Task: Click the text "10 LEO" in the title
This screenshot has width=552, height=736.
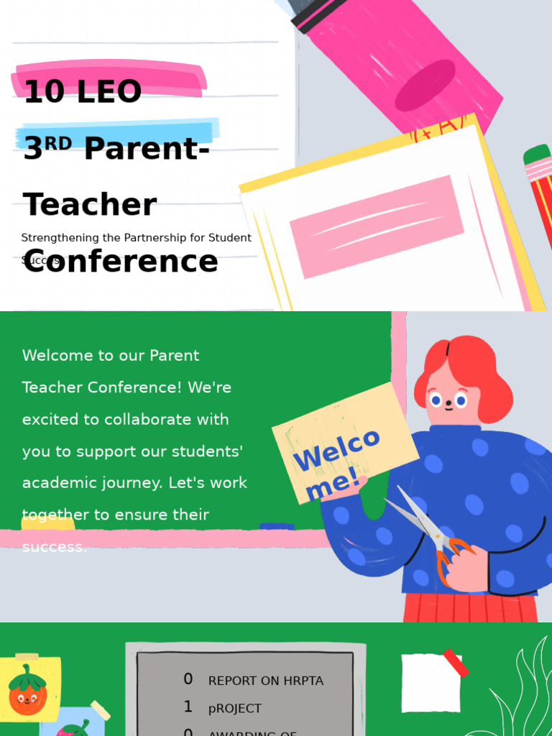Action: point(82,92)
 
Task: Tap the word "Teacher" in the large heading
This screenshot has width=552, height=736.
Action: point(90,205)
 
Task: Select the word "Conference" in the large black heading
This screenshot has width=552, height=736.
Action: point(120,262)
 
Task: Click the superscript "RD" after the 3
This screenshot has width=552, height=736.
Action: point(58,142)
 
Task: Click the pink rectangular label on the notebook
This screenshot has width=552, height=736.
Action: point(377,226)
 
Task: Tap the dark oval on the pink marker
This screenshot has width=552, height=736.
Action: point(425,86)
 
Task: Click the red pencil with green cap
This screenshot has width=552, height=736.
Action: point(540,194)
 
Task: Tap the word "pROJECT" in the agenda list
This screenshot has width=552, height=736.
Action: point(235,709)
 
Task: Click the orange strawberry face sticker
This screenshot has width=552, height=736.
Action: point(27,691)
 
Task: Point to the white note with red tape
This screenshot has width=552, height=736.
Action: point(431,682)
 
